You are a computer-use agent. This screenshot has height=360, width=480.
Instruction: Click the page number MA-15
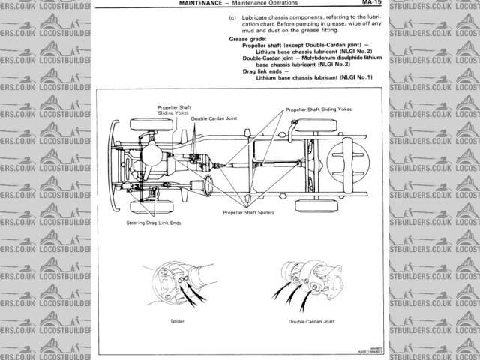(373, 4)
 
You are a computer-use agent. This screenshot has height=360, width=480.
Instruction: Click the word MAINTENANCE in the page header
(205, 4)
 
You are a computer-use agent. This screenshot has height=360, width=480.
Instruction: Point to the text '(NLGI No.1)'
(355, 77)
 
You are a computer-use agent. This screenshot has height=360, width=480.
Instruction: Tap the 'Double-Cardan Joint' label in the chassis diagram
(209, 118)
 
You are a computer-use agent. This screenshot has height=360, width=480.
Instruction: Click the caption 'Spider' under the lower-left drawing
(178, 320)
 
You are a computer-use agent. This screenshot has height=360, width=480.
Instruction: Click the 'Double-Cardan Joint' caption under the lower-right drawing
(310, 320)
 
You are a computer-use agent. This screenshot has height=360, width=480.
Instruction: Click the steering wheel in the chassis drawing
(205, 184)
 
